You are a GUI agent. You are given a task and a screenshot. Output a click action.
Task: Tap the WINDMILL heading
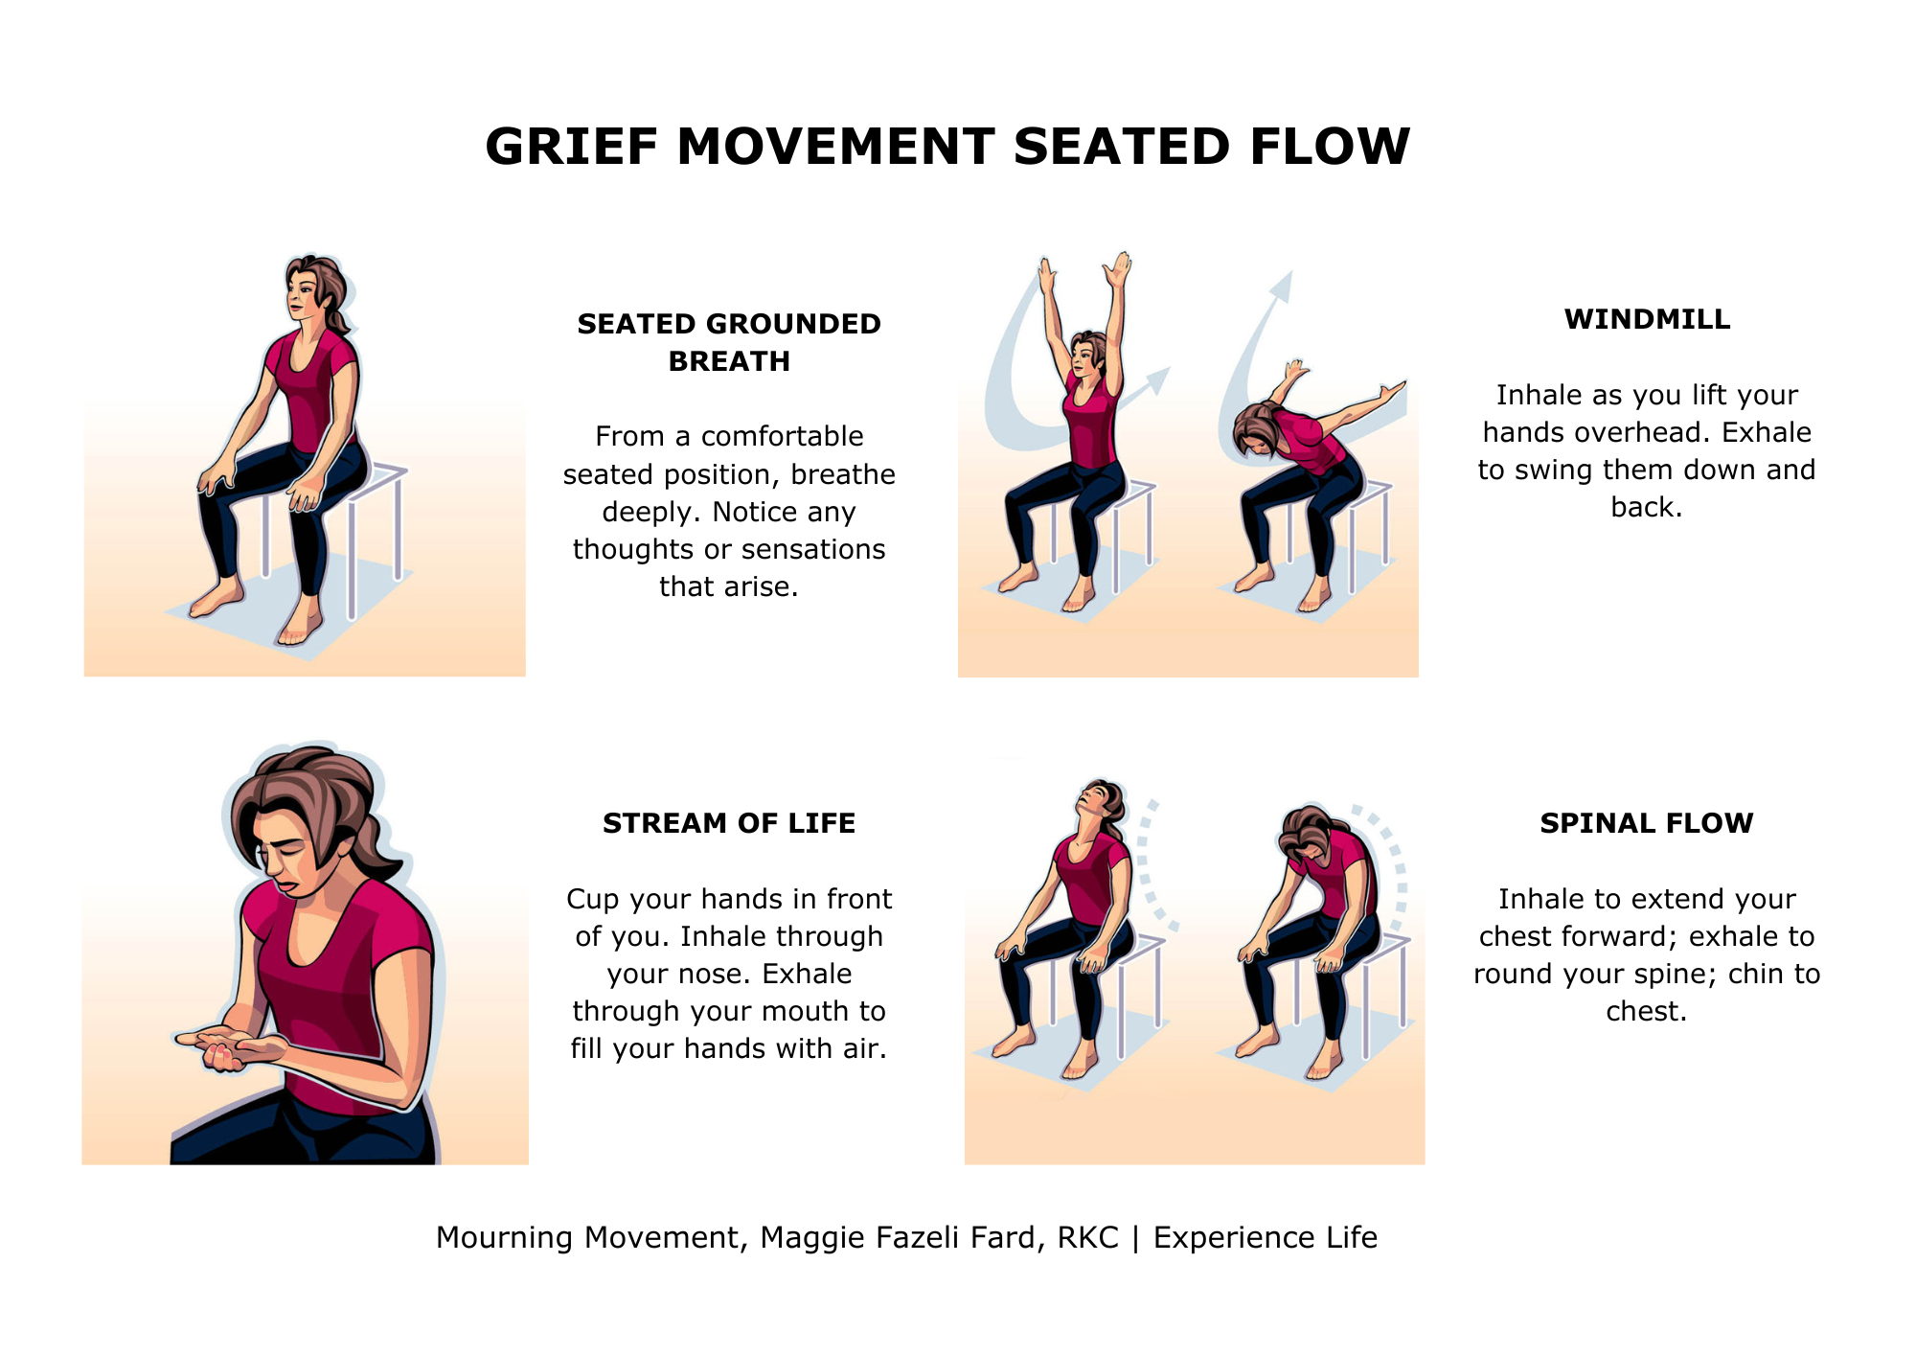pos(1647,319)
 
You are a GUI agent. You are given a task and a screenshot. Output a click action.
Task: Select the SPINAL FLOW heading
pos(1646,823)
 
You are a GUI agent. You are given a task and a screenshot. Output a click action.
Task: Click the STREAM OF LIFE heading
pos(728,823)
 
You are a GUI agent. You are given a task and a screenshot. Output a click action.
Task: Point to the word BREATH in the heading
pos(728,361)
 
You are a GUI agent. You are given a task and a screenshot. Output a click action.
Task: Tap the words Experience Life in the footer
pos(1265,1237)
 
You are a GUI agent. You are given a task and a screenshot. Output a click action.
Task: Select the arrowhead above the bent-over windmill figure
pos(1283,285)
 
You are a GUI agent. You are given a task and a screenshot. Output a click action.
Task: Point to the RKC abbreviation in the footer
pos(1087,1237)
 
